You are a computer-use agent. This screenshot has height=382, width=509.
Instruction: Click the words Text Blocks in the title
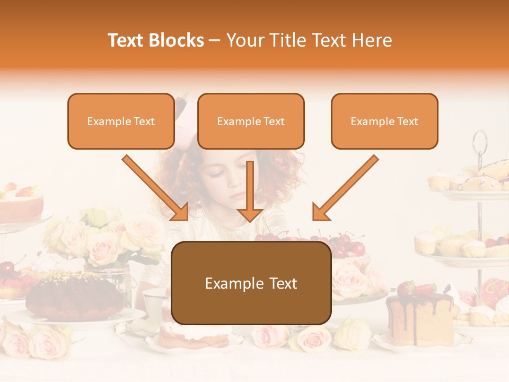pos(156,40)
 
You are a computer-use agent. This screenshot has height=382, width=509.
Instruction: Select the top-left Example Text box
pos(121,121)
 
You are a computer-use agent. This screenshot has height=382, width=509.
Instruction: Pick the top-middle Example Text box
pos(251,121)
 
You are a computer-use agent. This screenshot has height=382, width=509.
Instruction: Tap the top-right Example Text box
pos(384,121)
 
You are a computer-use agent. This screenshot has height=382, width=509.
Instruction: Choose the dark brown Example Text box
pos(251,283)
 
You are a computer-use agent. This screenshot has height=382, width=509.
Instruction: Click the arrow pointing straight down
pos(250,191)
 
